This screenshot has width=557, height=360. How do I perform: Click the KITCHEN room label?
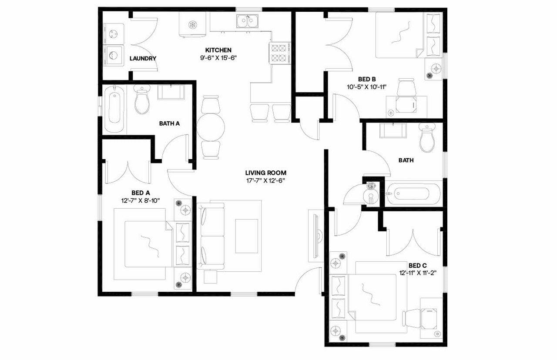click(218, 50)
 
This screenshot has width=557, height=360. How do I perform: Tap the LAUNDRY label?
click(143, 58)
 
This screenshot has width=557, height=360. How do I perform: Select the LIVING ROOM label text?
click(265, 173)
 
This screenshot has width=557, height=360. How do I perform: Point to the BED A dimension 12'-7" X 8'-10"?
click(141, 200)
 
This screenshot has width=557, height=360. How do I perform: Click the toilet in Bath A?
click(142, 100)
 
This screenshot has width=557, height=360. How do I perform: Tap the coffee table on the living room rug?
click(246, 236)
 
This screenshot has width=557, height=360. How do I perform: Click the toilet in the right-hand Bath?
click(426, 138)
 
